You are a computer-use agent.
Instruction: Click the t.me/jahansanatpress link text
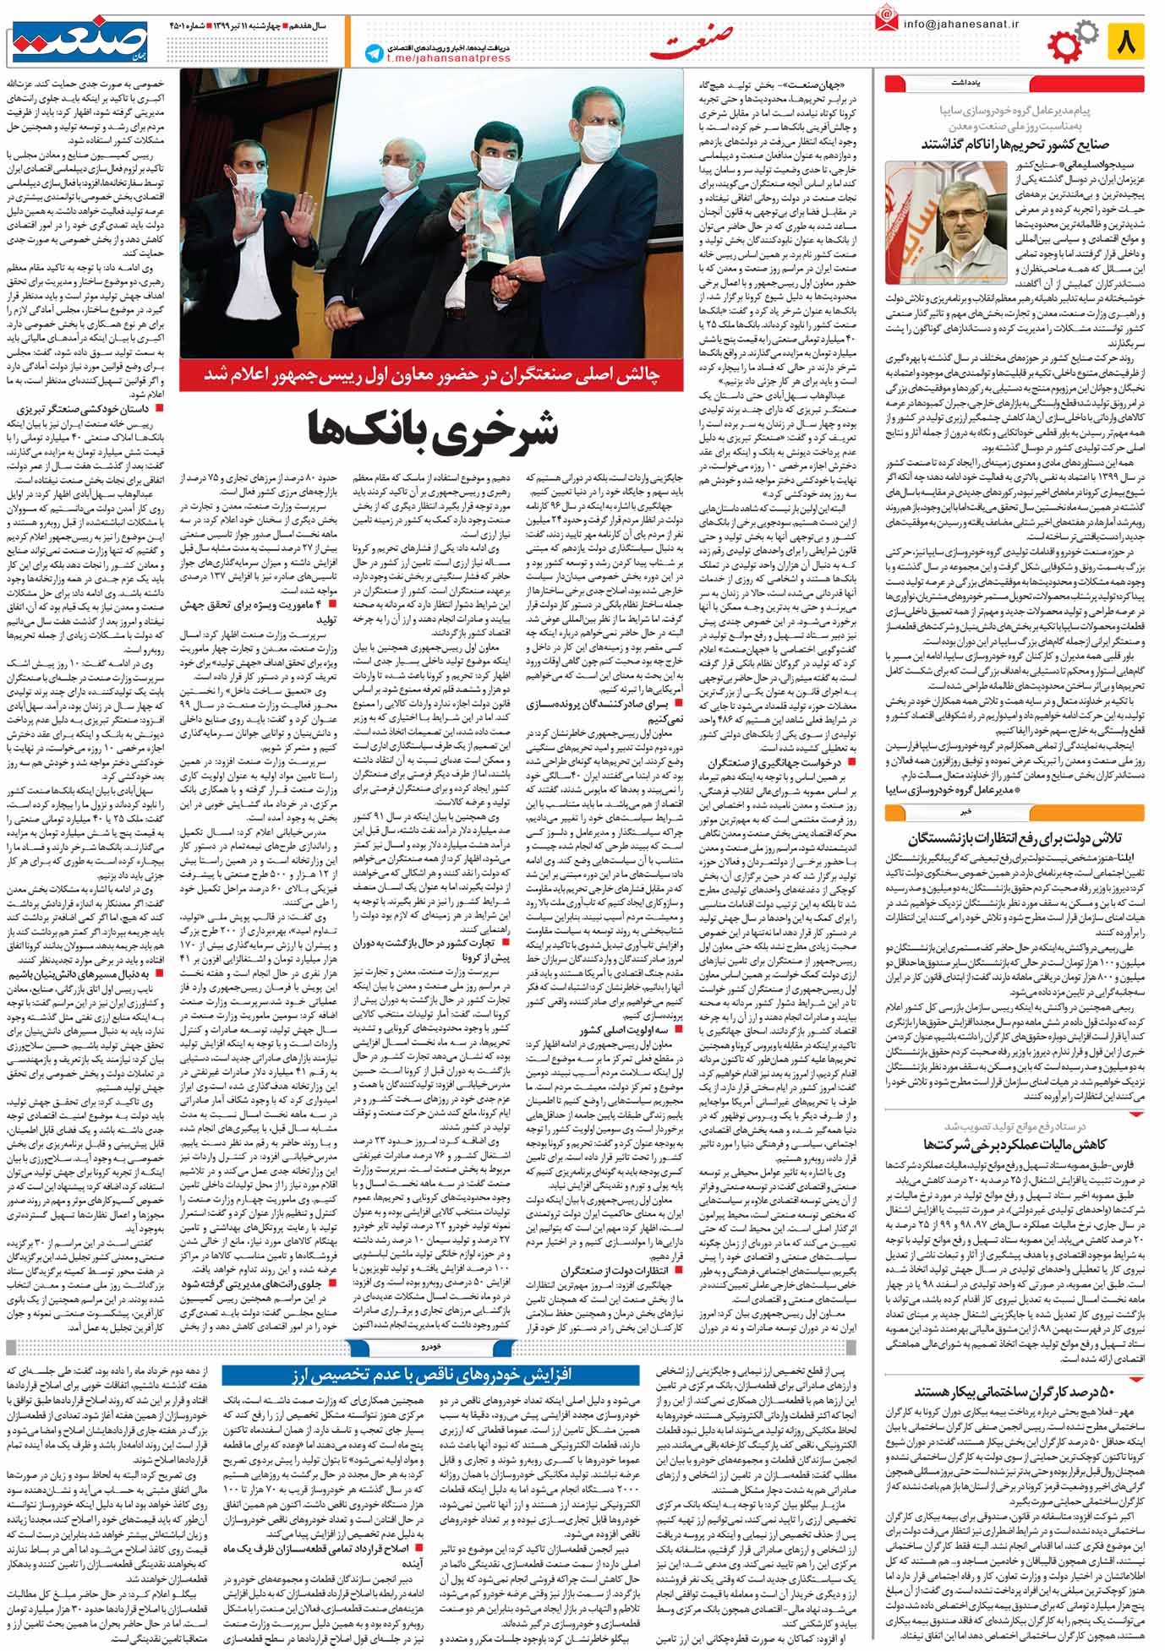point(448,58)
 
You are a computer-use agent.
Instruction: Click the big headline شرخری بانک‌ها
point(433,429)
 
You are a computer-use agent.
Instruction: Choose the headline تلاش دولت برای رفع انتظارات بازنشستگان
point(1015,838)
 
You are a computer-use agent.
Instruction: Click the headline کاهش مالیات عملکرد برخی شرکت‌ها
point(1015,1144)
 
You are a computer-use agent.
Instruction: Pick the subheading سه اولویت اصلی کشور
point(626,1031)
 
